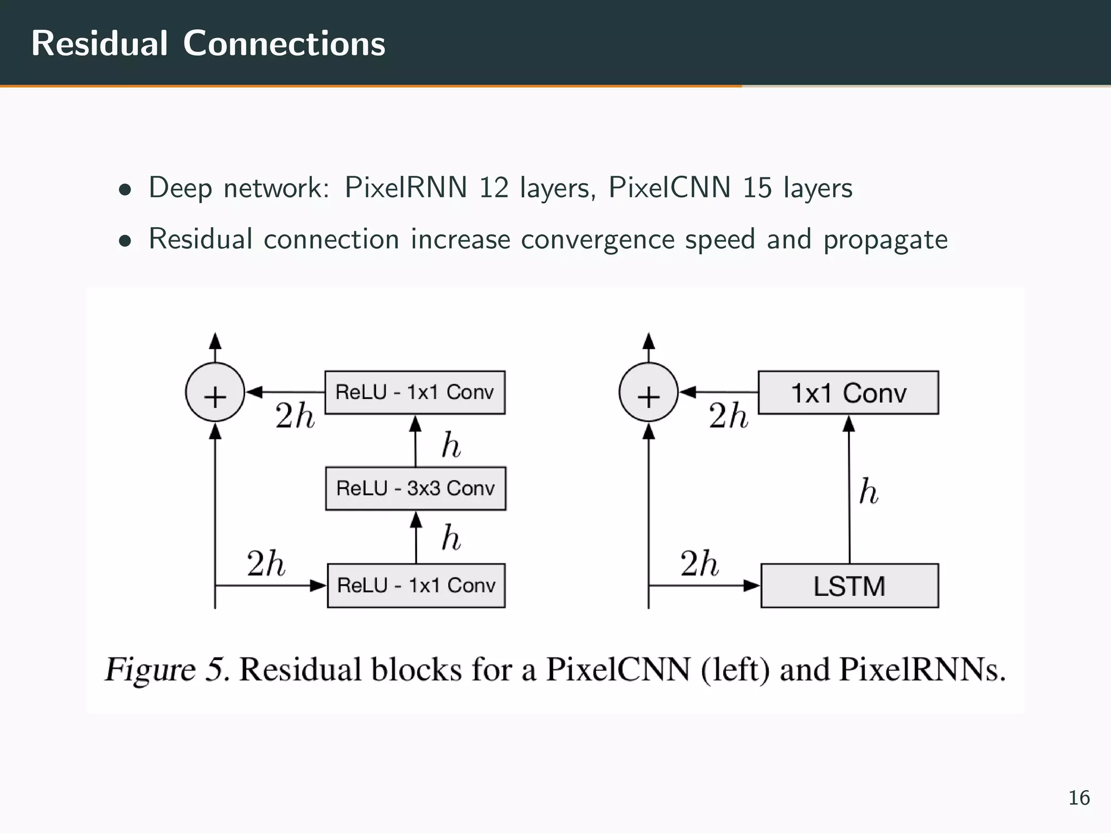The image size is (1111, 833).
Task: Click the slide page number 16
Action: tap(1078, 798)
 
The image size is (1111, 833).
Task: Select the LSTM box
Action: tap(850, 586)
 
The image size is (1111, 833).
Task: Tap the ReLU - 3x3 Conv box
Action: tap(416, 488)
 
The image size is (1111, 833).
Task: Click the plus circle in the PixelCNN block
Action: tap(215, 393)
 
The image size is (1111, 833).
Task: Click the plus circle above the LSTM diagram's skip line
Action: tap(648, 393)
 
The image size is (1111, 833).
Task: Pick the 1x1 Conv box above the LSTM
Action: tap(848, 393)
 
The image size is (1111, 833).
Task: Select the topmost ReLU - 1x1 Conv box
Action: tap(415, 392)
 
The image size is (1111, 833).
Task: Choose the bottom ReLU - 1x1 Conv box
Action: tap(416, 586)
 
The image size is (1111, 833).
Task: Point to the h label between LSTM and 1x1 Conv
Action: tap(869, 492)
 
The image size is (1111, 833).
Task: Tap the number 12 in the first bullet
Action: tap(493, 188)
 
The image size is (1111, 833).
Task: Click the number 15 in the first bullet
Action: tap(757, 188)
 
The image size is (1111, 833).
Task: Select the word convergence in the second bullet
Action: tap(597, 240)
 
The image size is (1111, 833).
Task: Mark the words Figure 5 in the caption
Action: tap(165, 670)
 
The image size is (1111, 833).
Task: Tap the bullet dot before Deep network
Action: tap(125, 190)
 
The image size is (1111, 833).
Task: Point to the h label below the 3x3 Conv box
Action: tap(451, 538)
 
